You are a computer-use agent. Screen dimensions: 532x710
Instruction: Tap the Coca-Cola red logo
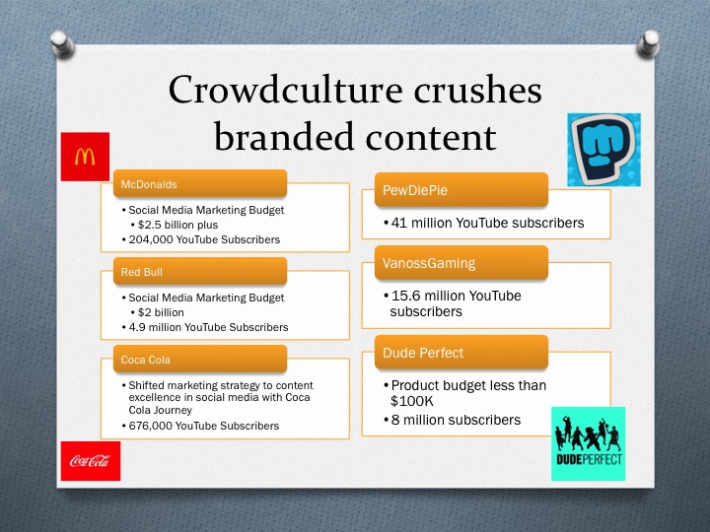[x=90, y=461]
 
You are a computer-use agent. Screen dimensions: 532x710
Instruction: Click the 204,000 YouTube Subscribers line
[x=204, y=239]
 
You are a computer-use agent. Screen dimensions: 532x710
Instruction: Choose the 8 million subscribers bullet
[x=456, y=420]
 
